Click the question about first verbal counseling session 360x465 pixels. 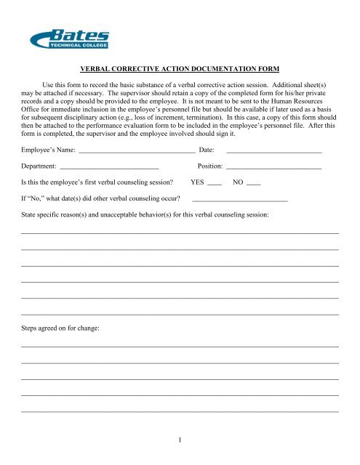point(97,183)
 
